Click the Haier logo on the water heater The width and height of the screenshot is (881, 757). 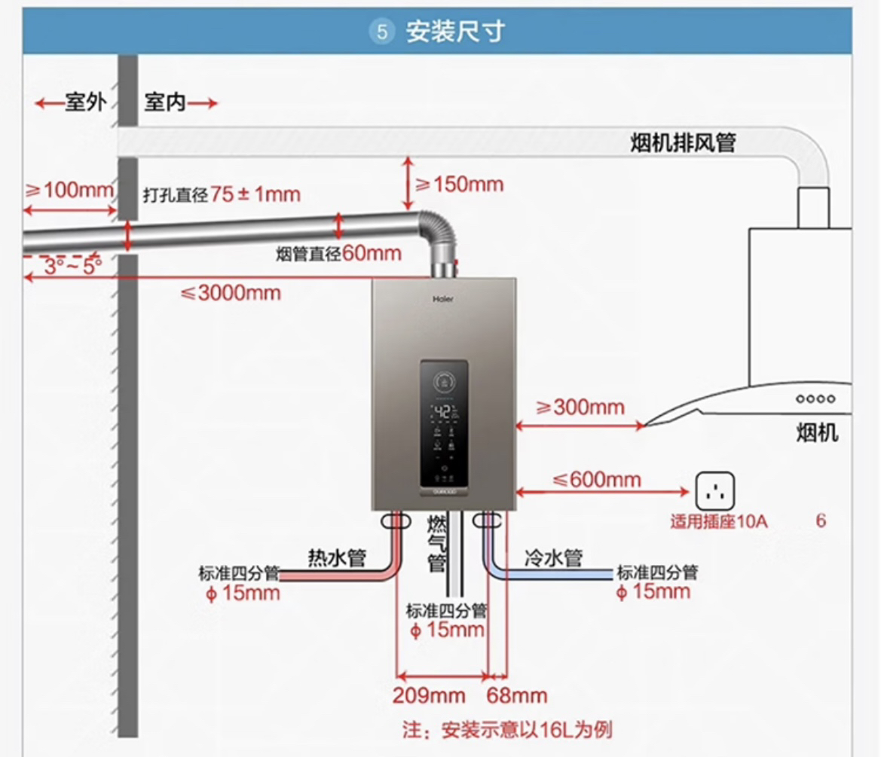[x=443, y=298]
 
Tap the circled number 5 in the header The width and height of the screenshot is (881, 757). [x=383, y=32]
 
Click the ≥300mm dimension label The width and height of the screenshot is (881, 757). [x=580, y=407]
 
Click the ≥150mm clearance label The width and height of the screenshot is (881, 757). [x=458, y=184]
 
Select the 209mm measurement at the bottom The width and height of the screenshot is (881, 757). [x=428, y=695]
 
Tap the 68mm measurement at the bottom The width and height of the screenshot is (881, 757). [x=517, y=695]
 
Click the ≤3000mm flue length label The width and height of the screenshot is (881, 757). [x=231, y=292]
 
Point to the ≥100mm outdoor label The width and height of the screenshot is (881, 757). [x=69, y=190]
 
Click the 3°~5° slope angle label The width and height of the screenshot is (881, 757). [x=72, y=266]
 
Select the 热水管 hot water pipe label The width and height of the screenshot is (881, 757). [x=336, y=558]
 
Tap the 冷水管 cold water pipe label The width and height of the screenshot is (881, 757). [x=553, y=558]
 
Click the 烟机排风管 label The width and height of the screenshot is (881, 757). [x=683, y=143]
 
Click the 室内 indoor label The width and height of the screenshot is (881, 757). [x=165, y=102]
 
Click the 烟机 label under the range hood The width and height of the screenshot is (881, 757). [x=817, y=433]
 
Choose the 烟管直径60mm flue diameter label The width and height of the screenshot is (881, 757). [x=338, y=254]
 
